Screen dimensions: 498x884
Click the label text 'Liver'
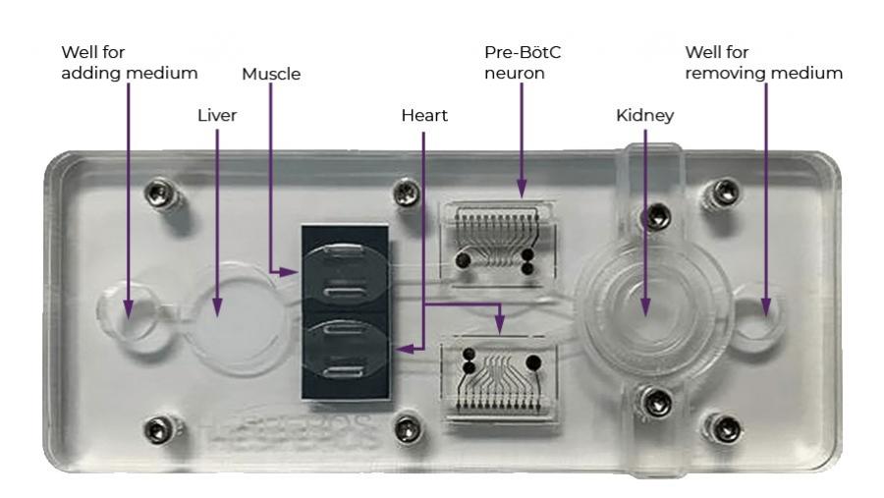coord(216,116)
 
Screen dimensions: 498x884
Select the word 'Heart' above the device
coord(424,116)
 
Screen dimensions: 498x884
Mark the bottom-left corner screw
coord(154,427)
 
